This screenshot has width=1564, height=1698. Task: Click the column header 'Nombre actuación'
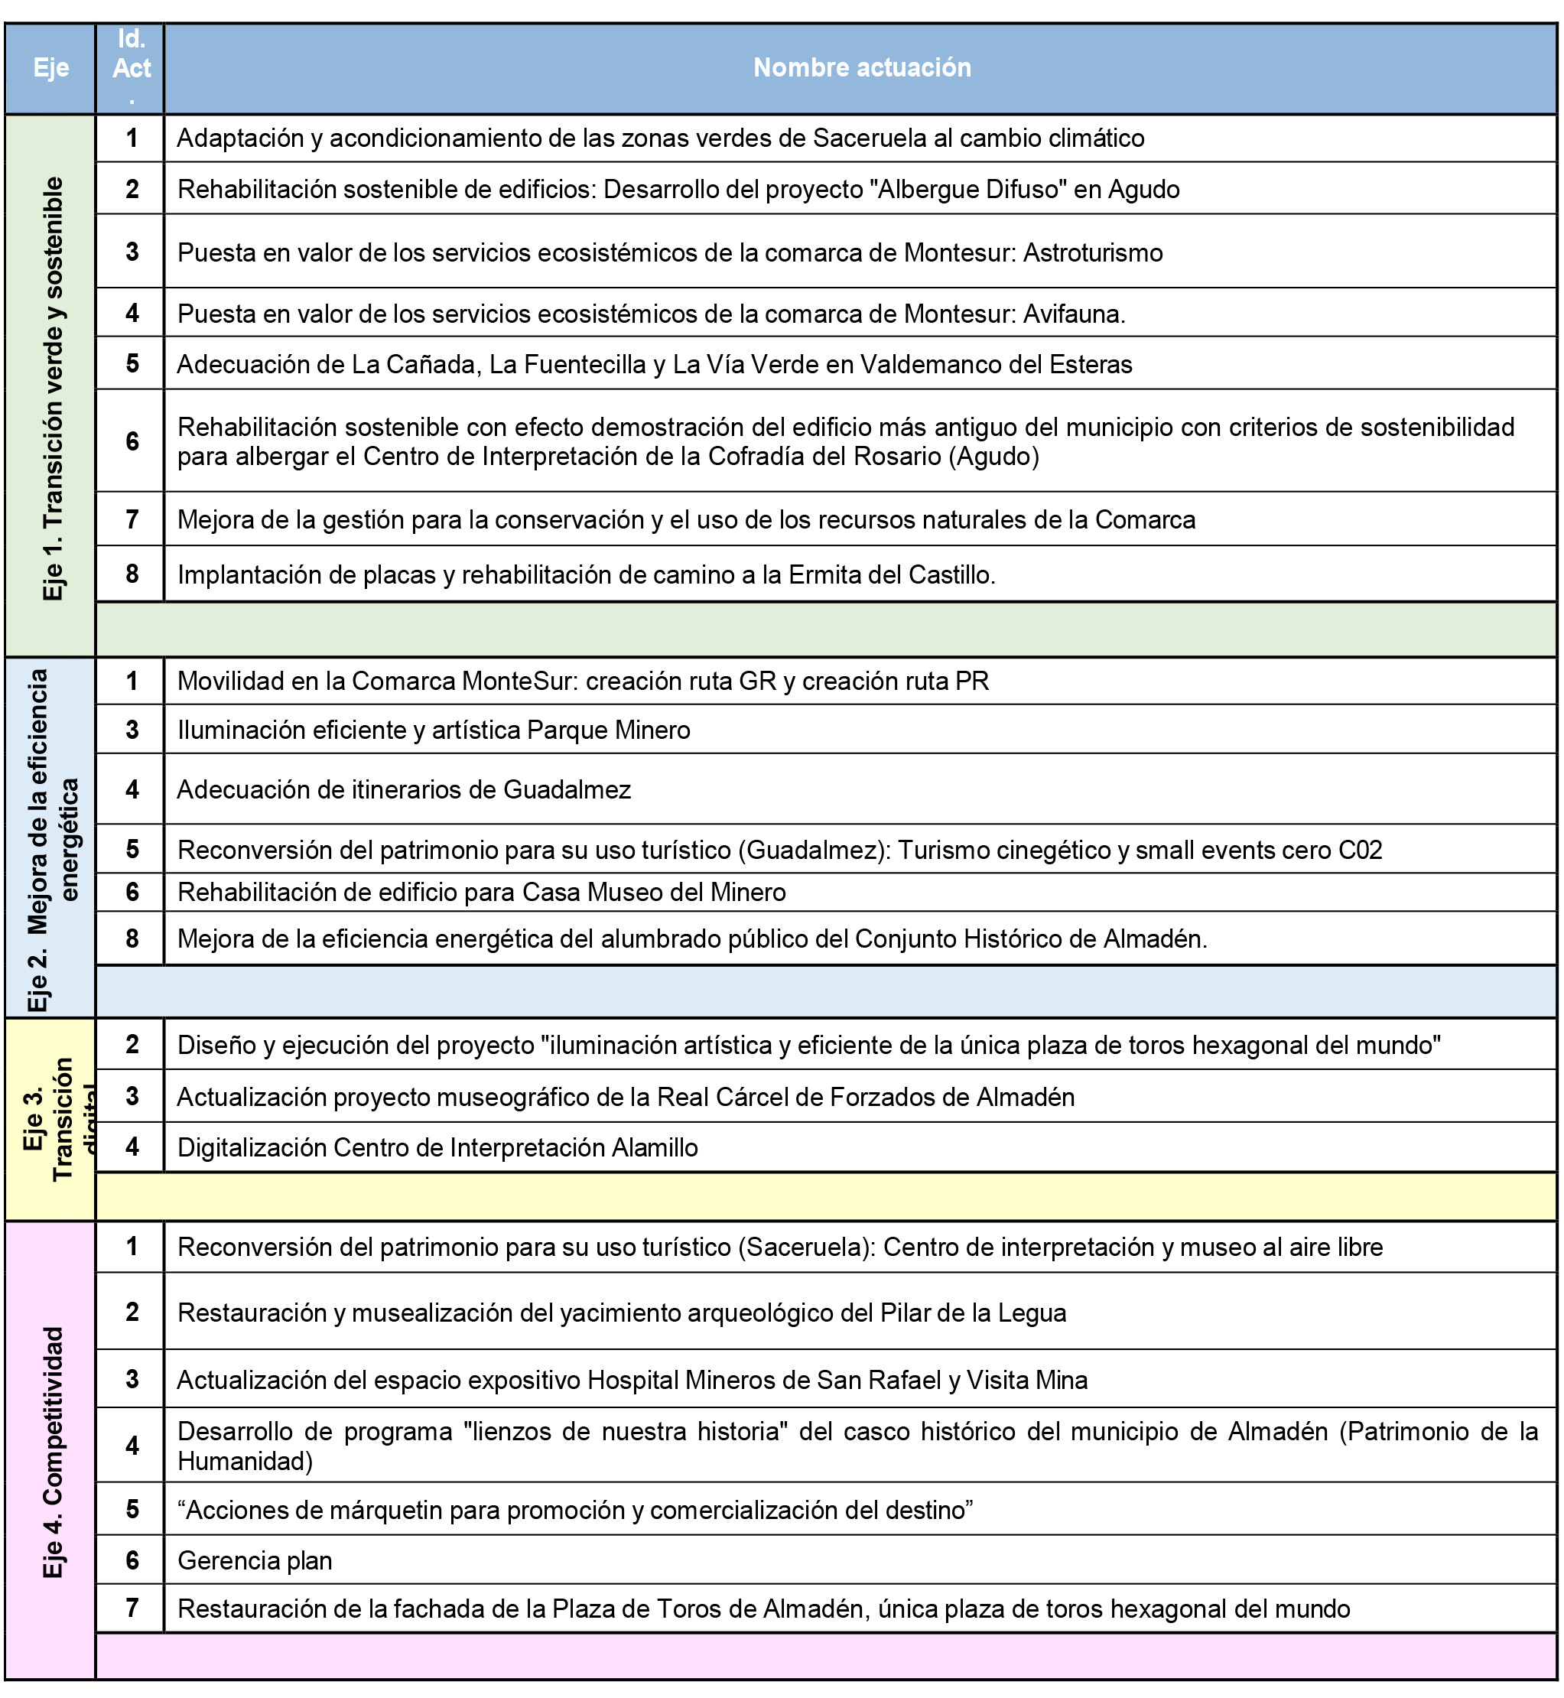862,68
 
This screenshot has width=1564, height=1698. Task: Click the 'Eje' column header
50,68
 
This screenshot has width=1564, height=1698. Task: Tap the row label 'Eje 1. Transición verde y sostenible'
53,389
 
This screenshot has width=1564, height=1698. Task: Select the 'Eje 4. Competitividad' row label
53,1452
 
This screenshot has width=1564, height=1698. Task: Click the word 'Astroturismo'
1093,252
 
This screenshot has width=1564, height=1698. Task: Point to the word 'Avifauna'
1071,314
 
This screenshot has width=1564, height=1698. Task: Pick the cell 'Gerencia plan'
255,1560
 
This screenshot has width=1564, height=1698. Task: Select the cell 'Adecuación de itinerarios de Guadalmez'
404,790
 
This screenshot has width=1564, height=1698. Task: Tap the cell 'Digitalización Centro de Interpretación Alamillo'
437,1147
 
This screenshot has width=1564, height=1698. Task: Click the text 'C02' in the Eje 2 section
1360,850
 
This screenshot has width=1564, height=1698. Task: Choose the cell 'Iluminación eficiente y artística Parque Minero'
434,730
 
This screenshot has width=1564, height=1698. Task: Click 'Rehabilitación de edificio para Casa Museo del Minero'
482,892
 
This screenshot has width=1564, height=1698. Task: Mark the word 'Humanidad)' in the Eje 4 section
245,1461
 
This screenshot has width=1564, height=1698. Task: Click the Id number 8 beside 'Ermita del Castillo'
132,574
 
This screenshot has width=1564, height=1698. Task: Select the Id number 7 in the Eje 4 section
132,1608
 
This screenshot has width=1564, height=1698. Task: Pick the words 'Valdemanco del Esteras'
996,364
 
